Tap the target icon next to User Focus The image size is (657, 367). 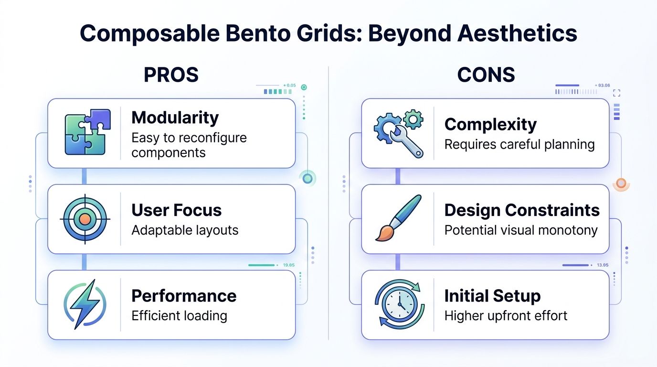[85, 219]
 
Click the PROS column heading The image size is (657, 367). [171, 75]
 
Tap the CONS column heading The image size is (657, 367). [486, 75]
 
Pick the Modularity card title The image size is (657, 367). [175, 118]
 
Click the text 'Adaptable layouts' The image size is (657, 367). [185, 230]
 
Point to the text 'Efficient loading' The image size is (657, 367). [179, 316]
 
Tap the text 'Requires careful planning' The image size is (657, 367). [519, 144]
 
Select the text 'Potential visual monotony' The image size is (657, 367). [521, 230]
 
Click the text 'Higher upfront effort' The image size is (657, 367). [506, 316]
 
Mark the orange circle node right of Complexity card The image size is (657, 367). [621, 183]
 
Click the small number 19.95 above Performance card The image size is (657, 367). [289, 265]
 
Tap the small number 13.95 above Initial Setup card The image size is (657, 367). [603, 265]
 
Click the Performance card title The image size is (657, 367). [184, 296]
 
